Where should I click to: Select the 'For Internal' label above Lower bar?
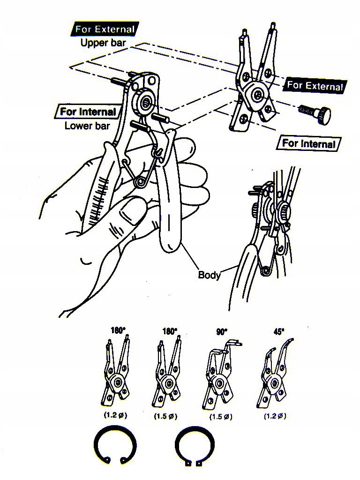pyautogui.click(x=88, y=112)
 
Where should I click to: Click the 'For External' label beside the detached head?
pyautogui.click(x=315, y=85)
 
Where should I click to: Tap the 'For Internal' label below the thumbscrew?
pyautogui.click(x=309, y=143)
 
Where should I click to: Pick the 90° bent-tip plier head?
pyautogui.click(x=219, y=375)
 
